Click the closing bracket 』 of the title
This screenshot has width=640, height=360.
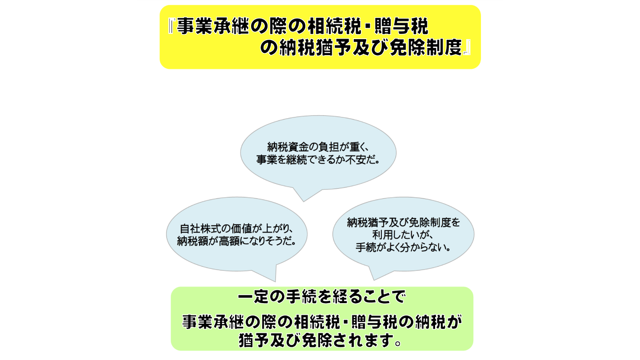pos(466,49)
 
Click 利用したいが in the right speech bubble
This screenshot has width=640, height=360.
pos(404,235)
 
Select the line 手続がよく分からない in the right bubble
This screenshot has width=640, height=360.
pos(404,248)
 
